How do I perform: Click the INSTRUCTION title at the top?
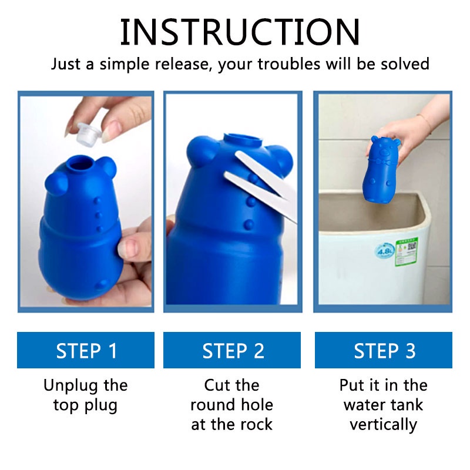[240, 32]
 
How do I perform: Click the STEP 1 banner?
[86, 350]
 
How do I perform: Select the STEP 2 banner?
[232, 350]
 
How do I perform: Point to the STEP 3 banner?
[384, 350]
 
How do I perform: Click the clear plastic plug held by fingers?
[89, 134]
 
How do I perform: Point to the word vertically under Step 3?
[384, 425]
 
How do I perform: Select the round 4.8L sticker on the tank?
[384, 251]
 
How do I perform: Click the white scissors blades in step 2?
[260, 184]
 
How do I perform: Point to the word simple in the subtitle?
[125, 65]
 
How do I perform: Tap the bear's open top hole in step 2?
[243, 140]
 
